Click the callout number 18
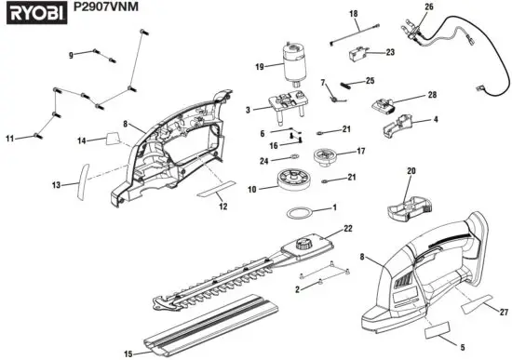[x=353, y=14]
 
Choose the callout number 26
[x=429, y=7]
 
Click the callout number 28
[x=432, y=96]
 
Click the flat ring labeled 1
[x=301, y=214]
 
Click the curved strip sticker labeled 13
[x=81, y=182]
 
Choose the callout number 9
[x=71, y=55]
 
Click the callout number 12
[x=222, y=207]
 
